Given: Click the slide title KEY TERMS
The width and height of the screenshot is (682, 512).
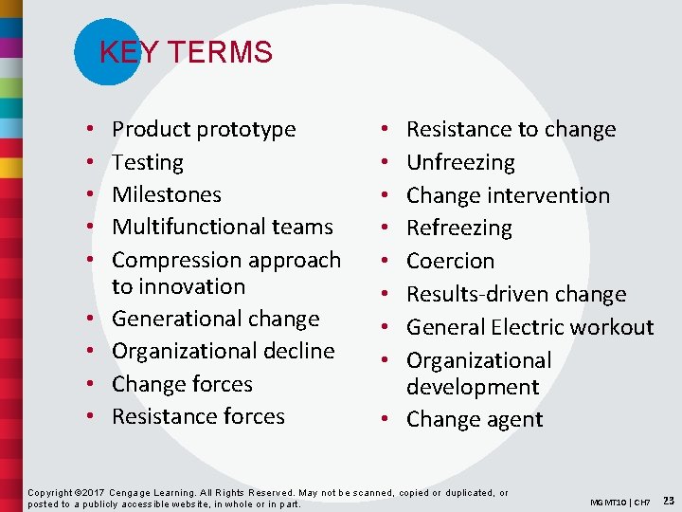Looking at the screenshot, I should coord(186,52).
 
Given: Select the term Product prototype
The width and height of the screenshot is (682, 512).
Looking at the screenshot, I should coord(204,129).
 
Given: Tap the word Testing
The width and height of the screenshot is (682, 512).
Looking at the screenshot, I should coord(148,162).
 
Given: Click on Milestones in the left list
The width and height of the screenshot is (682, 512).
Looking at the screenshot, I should coord(167,194).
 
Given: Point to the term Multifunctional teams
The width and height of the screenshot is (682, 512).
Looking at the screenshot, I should coord(223,227).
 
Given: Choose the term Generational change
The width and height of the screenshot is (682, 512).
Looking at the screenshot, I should coord(215,319).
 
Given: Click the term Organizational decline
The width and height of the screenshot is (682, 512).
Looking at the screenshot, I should coord(223,351).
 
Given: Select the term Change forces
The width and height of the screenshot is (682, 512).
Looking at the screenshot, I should coord(182,384).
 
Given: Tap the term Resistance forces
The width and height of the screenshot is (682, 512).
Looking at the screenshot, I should coord(198,416).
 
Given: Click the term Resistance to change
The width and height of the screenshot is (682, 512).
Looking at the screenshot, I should coord(511,129).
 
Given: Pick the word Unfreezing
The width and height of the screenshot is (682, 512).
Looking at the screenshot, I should coord(460,162).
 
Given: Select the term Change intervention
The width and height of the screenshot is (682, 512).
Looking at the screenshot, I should coord(508,195).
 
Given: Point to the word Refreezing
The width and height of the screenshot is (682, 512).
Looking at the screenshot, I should coord(458,228).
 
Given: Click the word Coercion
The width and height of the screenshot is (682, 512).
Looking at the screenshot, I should coord(450,261).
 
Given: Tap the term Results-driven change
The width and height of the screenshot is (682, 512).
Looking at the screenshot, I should coord(516,294).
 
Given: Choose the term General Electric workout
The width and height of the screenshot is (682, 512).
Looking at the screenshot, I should coord(529,327).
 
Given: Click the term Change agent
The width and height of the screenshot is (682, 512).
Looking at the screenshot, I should coord(475,419).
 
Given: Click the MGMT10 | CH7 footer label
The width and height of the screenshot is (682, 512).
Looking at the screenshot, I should coord(619,501).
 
